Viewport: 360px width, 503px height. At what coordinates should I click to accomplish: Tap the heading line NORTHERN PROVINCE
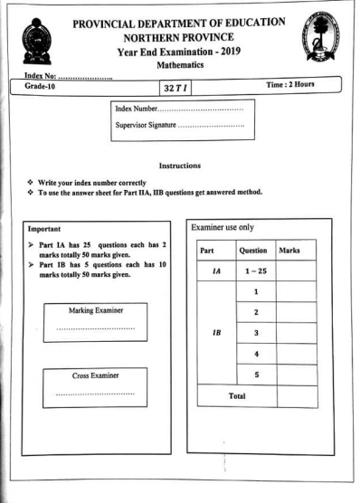192,39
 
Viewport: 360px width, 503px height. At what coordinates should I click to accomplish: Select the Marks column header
297,249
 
